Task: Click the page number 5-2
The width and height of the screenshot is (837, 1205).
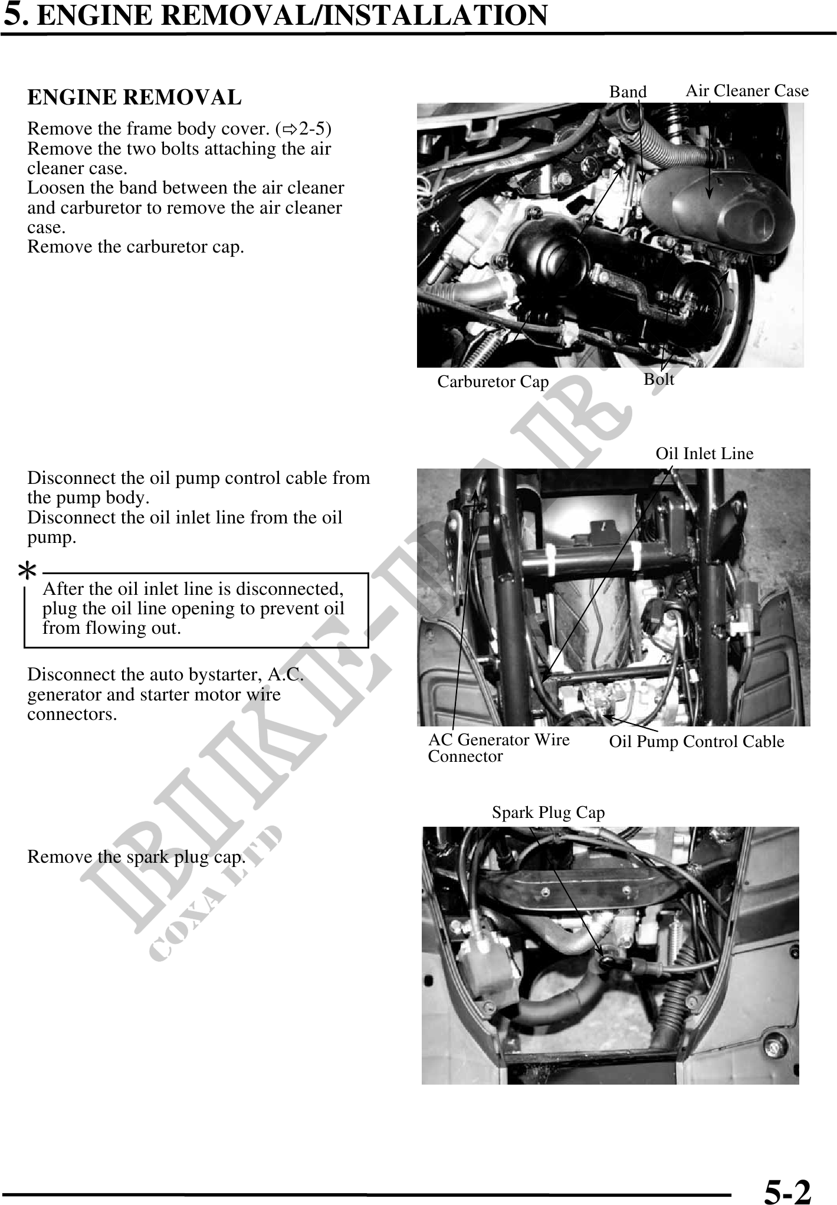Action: tap(787, 1188)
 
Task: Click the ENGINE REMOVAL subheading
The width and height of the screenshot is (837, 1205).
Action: tap(134, 97)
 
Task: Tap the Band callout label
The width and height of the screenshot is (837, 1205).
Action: tap(628, 92)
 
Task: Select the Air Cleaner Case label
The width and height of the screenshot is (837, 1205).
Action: tap(747, 91)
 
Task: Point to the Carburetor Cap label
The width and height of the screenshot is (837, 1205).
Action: tap(493, 382)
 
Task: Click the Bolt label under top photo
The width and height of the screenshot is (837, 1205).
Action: tap(658, 379)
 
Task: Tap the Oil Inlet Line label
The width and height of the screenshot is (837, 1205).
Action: tap(704, 453)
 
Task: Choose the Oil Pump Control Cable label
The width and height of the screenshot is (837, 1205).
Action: tap(696, 741)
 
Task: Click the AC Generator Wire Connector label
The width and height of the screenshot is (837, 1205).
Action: tap(498, 747)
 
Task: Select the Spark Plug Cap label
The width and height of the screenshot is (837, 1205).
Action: tap(548, 813)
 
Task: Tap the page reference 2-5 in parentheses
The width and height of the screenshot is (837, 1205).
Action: tap(314, 129)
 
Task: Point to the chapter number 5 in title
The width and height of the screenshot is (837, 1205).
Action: tap(14, 15)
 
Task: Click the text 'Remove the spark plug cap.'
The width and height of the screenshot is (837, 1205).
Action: tap(136, 857)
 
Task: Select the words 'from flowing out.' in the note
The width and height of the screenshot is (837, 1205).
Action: tap(111, 628)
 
